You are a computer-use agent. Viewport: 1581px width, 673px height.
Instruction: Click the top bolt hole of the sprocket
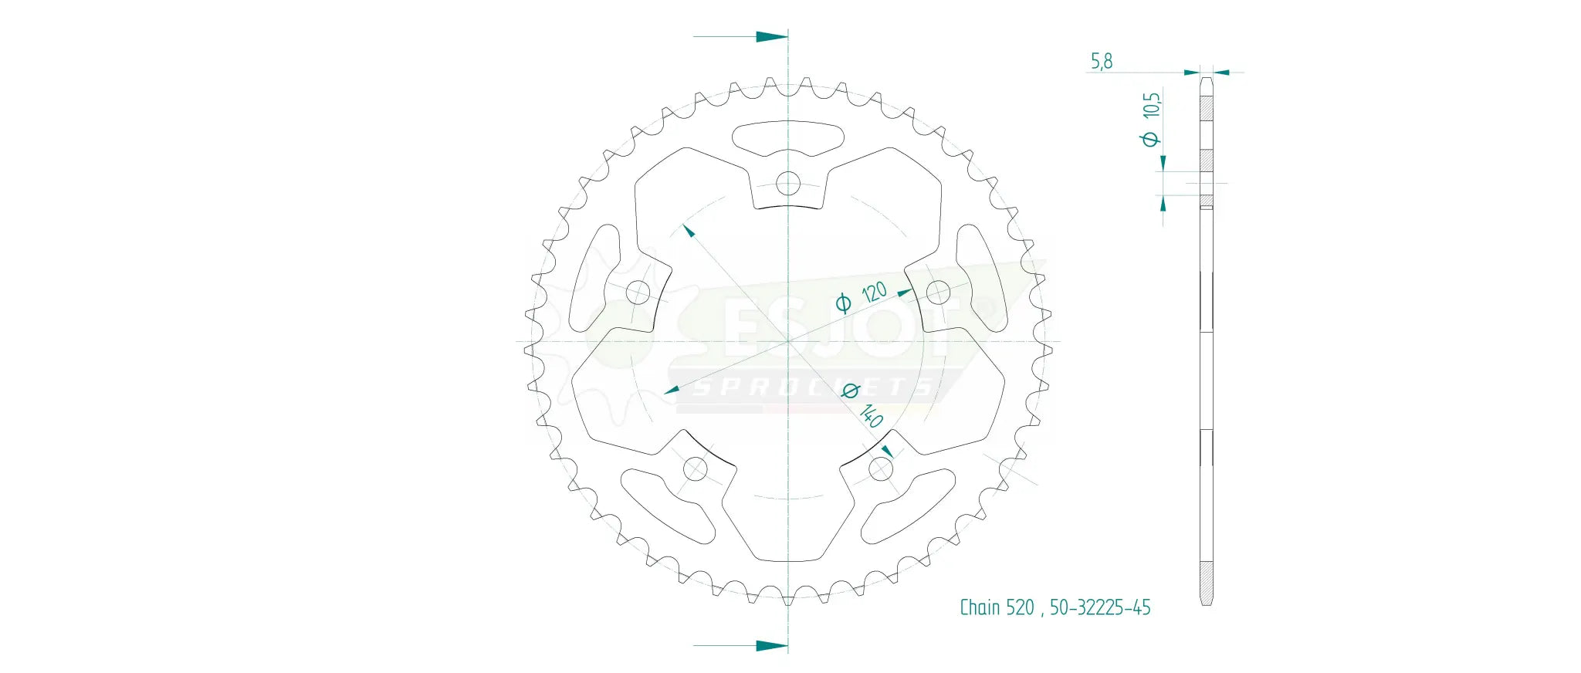(787, 184)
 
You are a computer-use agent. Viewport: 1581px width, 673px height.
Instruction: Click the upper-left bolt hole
(638, 293)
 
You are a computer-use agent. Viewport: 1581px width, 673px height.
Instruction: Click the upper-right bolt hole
(937, 293)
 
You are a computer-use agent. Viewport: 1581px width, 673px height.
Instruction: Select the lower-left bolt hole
(696, 468)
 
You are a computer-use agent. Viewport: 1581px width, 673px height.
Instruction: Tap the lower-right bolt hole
(880, 468)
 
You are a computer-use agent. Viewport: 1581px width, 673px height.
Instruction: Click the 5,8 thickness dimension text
(1102, 61)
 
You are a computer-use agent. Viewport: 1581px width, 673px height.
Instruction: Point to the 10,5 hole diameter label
(1151, 105)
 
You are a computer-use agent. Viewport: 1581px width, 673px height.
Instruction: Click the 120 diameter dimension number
(874, 293)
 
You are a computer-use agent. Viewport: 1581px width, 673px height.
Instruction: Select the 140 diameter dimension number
(872, 416)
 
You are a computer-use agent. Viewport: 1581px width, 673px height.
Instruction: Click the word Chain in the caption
(980, 608)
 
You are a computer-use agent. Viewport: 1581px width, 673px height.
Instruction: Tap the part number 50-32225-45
(1100, 608)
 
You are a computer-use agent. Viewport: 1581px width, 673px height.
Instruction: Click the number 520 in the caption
(1020, 608)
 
